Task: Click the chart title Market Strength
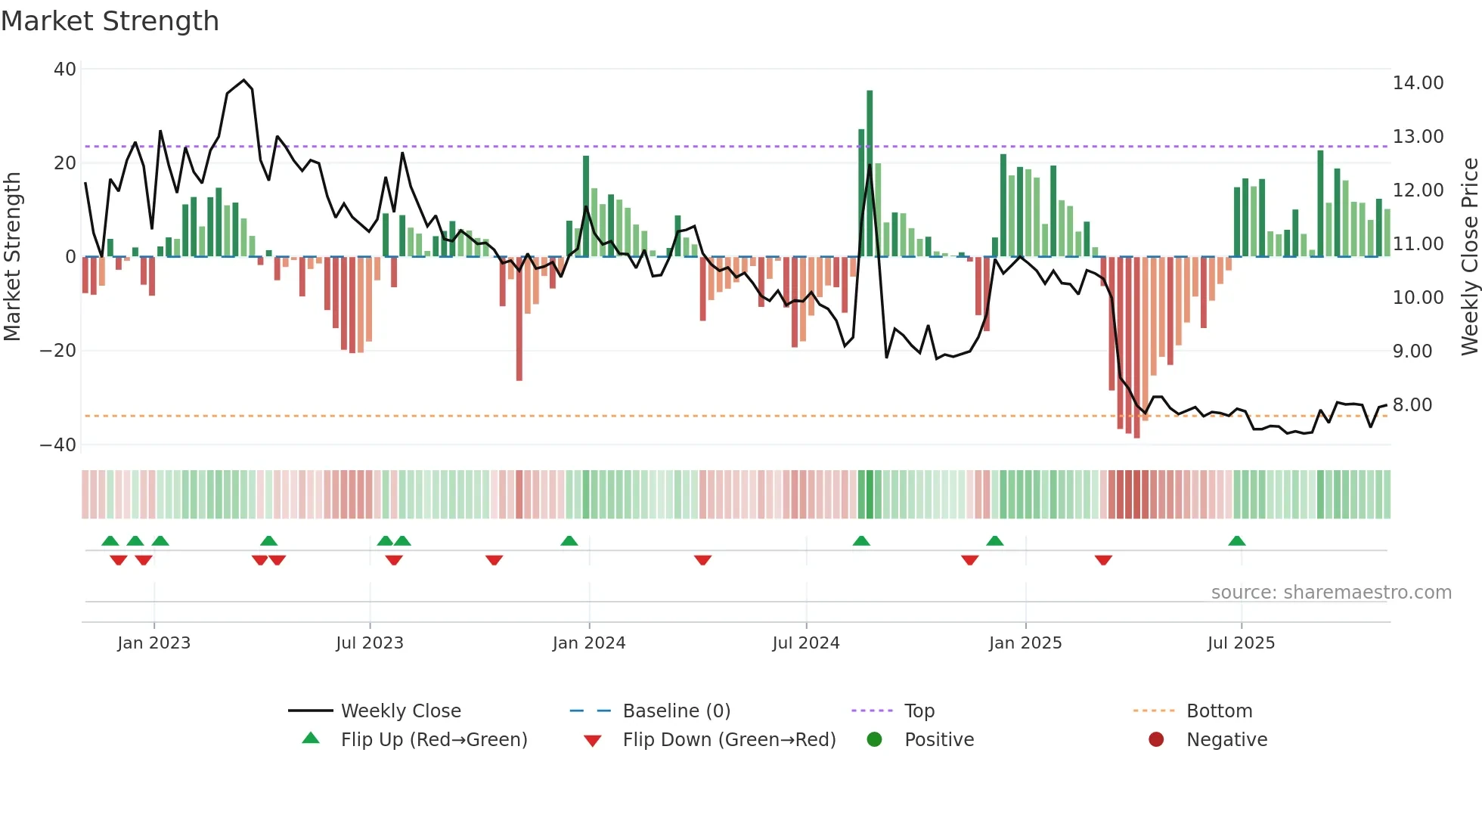click(110, 21)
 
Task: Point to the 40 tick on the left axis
click(65, 70)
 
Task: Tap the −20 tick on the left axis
click(58, 351)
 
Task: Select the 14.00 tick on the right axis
click(1418, 83)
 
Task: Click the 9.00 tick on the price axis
click(1412, 351)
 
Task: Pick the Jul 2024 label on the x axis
click(805, 643)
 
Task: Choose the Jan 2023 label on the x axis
click(153, 643)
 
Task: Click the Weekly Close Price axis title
click(1469, 257)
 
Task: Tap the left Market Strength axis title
click(12, 257)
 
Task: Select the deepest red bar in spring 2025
click(1136, 348)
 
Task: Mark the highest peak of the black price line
click(243, 80)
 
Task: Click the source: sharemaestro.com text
click(1331, 593)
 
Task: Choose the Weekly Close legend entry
click(400, 711)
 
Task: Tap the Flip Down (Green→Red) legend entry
click(728, 740)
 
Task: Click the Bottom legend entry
click(1219, 711)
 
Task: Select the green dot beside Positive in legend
click(874, 740)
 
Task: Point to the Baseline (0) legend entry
click(676, 711)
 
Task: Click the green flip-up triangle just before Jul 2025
click(1237, 540)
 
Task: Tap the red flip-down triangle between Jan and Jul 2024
click(702, 560)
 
